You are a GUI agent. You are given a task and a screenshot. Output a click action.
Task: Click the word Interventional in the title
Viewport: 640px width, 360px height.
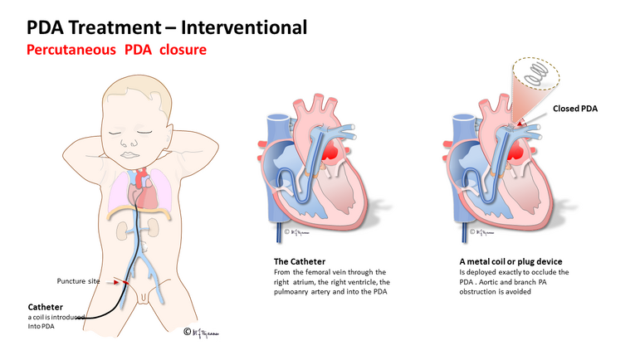(244, 27)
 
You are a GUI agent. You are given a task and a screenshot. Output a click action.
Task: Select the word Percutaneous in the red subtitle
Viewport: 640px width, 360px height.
(71, 50)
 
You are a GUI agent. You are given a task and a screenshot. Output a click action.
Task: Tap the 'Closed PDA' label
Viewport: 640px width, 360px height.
(575, 109)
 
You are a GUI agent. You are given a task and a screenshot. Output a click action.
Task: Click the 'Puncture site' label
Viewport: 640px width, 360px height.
(78, 281)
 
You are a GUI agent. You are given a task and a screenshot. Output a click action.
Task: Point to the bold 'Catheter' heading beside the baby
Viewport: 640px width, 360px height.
(46, 307)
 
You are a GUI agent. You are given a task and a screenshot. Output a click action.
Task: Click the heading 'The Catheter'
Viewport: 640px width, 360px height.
(300, 261)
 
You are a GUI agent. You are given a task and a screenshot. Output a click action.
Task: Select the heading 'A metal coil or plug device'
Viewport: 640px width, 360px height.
(511, 261)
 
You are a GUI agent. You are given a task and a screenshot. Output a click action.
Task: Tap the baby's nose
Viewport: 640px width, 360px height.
(129, 143)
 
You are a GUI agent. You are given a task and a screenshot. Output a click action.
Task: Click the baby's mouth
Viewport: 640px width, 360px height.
(130, 155)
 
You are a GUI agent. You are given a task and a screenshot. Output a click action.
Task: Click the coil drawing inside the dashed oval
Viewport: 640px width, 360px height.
(535, 75)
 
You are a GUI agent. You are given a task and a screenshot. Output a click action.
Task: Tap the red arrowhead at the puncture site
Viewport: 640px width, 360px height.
(116, 282)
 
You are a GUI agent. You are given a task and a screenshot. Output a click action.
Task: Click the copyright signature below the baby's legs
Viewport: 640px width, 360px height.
(201, 333)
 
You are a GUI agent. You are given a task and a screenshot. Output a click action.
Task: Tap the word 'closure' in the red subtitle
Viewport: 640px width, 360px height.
(183, 50)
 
